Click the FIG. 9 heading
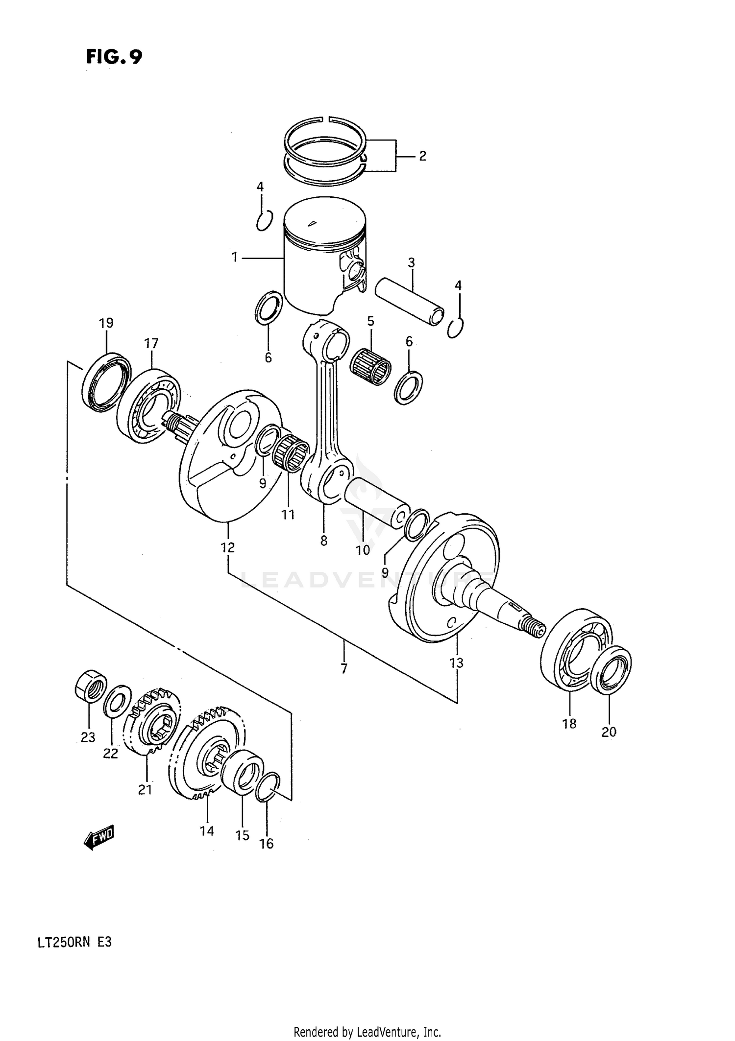(114, 57)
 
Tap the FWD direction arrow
(98, 838)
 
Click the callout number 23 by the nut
(88, 737)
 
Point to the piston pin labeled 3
(410, 301)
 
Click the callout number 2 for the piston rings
(422, 156)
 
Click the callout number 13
(456, 663)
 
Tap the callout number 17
(151, 343)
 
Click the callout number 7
(344, 669)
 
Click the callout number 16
(267, 843)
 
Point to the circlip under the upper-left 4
(264, 220)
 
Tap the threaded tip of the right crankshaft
(535, 628)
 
